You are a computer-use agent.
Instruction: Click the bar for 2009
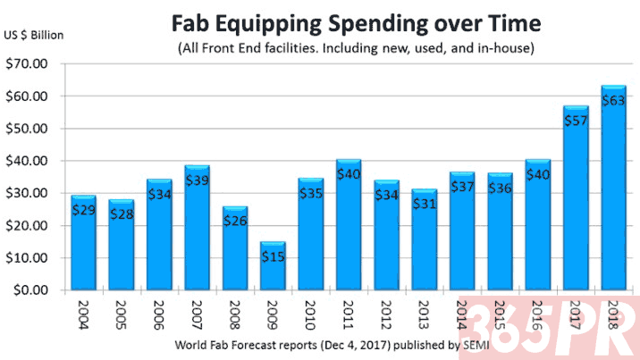[x=274, y=266]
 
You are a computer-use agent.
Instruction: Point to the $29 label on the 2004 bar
[x=84, y=210]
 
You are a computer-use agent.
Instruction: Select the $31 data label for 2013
[x=425, y=205]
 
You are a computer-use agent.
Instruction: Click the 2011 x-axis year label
[x=349, y=314]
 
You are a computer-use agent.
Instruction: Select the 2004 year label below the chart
[x=84, y=314]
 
